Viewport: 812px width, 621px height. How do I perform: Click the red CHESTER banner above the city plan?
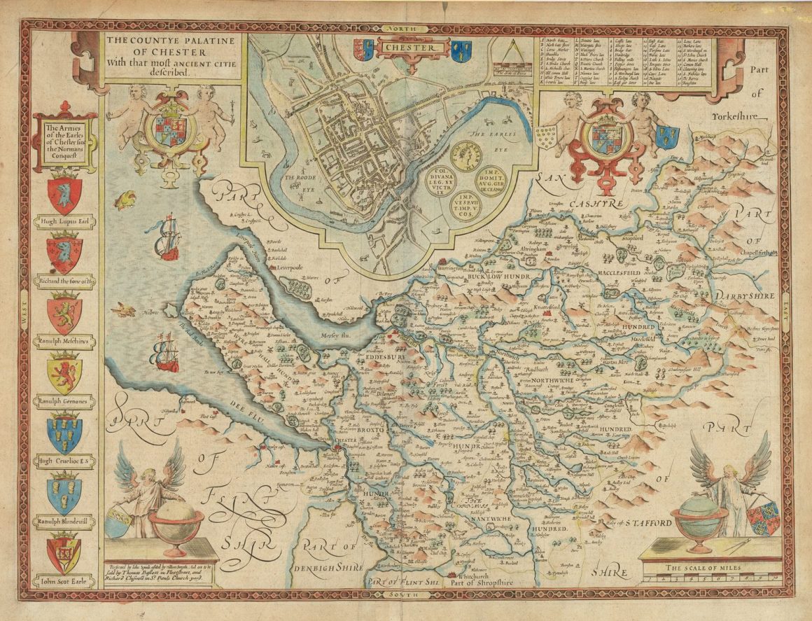coord(413,48)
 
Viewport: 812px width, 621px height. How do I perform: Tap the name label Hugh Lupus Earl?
coord(64,223)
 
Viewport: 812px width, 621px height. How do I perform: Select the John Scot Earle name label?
coord(64,580)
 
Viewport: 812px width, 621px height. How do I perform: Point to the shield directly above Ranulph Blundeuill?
coord(64,493)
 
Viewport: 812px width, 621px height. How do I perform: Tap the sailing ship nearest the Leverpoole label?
coord(166,238)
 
